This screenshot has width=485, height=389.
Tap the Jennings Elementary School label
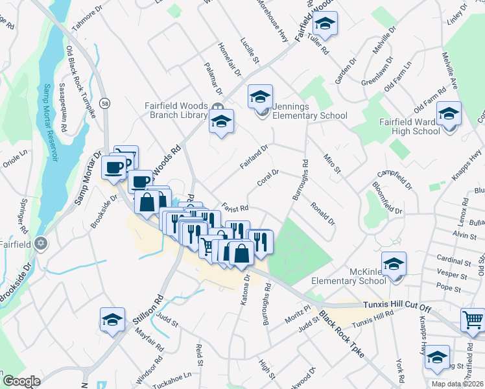pos(309,112)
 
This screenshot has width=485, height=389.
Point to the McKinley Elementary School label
pos(348,276)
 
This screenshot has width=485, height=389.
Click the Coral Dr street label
pos(268,177)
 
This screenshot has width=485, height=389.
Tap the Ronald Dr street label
pos(322,213)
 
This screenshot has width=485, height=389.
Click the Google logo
pos(21,381)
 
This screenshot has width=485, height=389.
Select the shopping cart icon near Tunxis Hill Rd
pos(474,320)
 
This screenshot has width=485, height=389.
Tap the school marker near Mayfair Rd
pos(112,320)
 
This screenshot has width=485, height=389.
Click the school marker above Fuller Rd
pos(324,25)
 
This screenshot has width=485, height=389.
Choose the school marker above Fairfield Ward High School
pos(449,113)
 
